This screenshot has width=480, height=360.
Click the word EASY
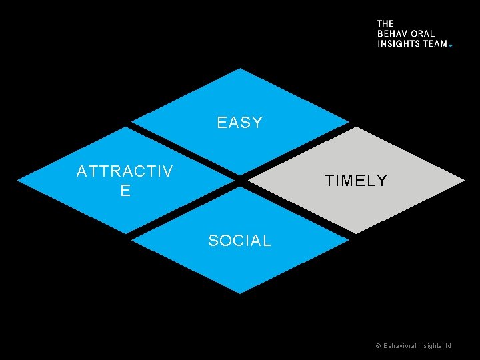[240, 123]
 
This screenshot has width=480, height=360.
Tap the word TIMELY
[355, 181]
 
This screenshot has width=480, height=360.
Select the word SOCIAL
[240, 241]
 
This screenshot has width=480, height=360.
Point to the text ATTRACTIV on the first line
[125, 171]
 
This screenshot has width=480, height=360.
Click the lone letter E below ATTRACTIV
[125, 191]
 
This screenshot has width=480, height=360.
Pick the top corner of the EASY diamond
[240, 69]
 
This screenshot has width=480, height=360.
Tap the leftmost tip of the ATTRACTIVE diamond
[18, 181]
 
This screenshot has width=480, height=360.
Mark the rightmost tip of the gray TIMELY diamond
[464, 181]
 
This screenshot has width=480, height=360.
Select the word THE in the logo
[385, 23]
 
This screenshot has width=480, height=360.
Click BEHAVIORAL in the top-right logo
[405, 33]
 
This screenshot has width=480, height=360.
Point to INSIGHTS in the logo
[399, 43]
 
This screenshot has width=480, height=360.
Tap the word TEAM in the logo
[435, 43]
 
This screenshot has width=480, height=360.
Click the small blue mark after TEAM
[451, 45]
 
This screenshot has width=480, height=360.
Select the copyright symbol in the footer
[378, 346]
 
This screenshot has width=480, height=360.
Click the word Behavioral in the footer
[399, 346]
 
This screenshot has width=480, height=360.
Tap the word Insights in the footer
[429, 346]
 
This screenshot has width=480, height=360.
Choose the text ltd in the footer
[447, 346]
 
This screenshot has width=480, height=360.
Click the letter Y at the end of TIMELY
[382, 181]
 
